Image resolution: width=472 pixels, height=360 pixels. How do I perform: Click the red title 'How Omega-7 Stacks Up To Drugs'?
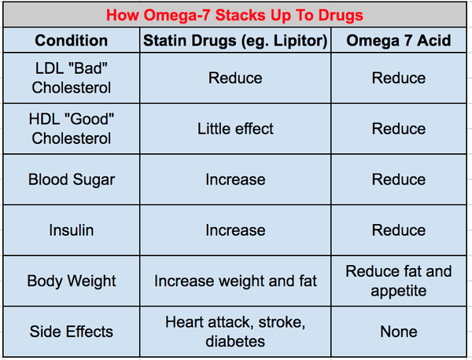235,15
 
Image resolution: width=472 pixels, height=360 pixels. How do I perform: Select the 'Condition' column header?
72,40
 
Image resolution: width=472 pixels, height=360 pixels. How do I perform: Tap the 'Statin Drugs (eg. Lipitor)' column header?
235,40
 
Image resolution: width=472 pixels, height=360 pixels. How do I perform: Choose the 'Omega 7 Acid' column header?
399,40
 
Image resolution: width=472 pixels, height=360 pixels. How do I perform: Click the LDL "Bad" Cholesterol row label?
72,78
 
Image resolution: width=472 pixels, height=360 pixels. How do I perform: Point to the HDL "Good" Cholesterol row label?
72,128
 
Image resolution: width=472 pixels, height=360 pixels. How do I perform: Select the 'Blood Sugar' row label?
72,179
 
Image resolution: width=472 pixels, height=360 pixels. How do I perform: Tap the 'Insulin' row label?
72,230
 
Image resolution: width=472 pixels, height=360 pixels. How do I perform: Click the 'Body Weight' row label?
72,281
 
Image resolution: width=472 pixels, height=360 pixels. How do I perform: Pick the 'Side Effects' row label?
72,331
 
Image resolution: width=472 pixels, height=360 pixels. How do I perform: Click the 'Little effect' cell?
235,128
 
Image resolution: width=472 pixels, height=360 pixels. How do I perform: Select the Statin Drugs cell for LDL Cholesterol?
235,78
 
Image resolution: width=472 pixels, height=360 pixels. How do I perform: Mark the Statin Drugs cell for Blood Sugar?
235,179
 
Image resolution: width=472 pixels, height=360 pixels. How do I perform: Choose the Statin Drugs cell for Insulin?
235,230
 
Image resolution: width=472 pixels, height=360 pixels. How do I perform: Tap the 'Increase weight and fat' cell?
235,281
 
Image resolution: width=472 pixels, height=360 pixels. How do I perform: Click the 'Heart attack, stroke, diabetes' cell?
235,331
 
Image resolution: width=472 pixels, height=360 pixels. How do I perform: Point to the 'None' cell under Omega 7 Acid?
399,331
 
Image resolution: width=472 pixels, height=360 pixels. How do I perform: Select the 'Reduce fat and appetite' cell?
399,281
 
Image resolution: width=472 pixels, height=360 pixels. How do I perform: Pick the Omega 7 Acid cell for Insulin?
399,230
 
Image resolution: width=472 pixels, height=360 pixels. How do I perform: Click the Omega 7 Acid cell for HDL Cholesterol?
399,128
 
